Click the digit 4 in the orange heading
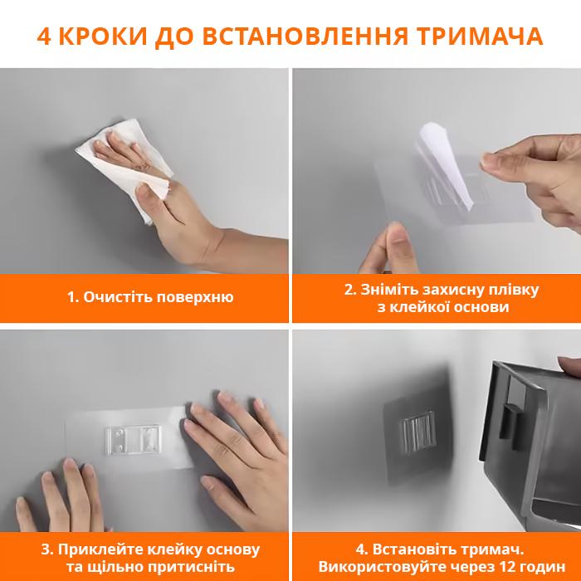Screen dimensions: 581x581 43,37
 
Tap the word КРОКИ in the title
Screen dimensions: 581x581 103,37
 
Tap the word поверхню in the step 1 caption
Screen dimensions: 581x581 195,298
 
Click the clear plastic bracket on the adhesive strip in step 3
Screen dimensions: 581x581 133,439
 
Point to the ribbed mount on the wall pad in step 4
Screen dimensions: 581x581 417,432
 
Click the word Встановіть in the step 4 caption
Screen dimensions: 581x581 412,549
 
